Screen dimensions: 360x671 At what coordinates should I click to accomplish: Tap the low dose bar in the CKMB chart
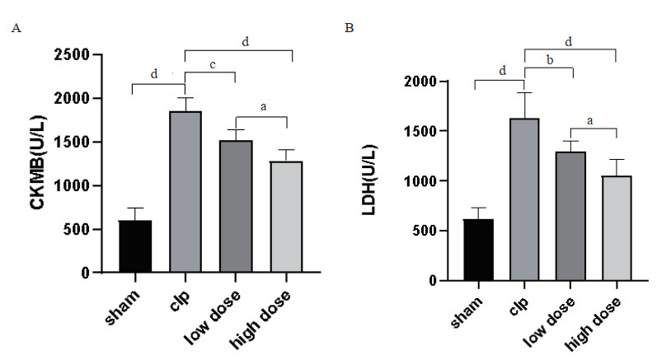tap(236, 207)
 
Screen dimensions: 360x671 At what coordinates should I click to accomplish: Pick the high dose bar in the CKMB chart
tap(286, 217)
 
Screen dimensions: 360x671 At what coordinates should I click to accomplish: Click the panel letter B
tap(350, 28)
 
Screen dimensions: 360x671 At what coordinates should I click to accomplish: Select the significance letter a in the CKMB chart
tap(263, 106)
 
